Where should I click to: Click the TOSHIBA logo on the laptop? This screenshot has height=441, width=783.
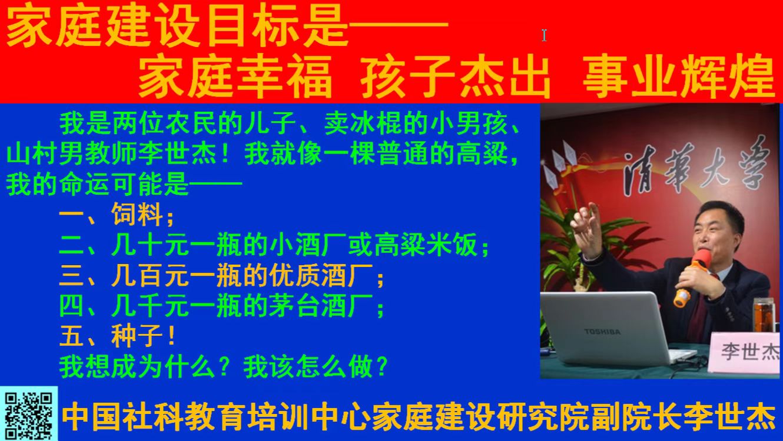(x=602, y=332)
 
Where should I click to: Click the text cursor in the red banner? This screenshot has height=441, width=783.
(x=544, y=35)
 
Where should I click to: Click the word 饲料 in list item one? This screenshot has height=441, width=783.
(x=137, y=213)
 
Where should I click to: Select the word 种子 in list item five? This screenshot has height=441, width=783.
(x=137, y=336)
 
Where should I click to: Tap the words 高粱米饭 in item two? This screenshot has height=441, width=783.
(x=426, y=245)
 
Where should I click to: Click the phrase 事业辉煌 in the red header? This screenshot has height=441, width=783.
(x=679, y=76)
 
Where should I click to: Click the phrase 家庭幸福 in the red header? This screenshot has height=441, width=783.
(x=235, y=76)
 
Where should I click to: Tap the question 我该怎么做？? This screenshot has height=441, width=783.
(x=316, y=367)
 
